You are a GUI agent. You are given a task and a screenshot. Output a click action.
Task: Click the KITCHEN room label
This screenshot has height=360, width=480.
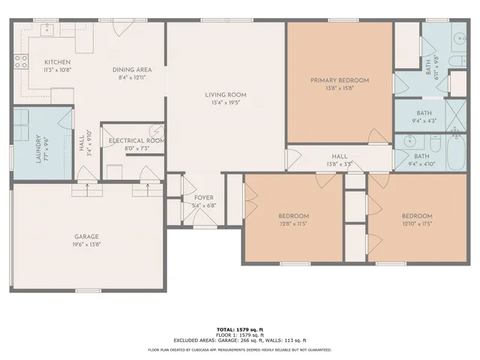pos(57,62)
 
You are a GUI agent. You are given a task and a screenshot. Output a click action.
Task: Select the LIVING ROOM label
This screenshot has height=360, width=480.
pos(226,94)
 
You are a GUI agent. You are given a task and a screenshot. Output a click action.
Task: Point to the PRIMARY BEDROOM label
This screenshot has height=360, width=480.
pos(340,79)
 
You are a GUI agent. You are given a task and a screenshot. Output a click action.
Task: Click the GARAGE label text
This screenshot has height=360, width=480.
pos(86,235)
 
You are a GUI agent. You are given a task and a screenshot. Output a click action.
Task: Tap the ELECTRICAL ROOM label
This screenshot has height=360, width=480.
pos(136,140)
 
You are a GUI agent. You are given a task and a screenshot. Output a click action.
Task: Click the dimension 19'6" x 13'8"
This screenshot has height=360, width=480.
pos(86,244)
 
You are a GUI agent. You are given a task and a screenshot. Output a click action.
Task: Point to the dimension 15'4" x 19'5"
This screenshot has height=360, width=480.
pos(226,103)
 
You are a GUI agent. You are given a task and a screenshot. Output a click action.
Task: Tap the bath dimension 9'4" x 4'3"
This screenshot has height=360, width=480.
pos(424,121)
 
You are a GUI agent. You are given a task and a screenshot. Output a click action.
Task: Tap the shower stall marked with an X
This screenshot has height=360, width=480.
pos(455,115)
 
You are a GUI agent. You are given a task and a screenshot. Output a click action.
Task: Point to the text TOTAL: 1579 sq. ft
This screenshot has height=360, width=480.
pos(239,329)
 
